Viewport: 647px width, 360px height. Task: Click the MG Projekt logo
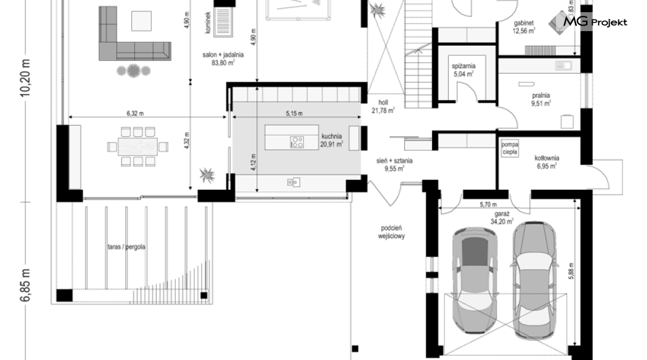[x=588, y=22]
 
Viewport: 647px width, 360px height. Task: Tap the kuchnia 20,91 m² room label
[x=331, y=140]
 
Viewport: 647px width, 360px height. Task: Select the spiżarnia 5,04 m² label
[x=463, y=70]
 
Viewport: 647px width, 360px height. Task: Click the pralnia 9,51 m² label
[x=541, y=99]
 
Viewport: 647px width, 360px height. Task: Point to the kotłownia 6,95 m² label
[x=547, y=162]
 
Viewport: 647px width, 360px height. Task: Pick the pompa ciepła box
[x=510, y=148]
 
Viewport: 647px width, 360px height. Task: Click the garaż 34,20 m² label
[x=502, y=218]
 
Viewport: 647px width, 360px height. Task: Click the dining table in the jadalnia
[x=138, y=146]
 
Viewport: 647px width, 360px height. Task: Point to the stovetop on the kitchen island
[x=297, y=142]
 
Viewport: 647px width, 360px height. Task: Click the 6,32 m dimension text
[x=135, y=113]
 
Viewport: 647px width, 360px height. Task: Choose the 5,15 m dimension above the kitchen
[x=294, y=113]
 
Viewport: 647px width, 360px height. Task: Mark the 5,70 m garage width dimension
[x=488, y=204]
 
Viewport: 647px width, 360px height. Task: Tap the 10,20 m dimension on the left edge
[x=26, y=77]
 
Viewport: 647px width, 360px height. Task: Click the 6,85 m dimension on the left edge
[x=26, y=285]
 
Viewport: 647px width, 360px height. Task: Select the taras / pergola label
[x=126, y=247]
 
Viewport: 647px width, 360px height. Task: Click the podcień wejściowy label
[x=392, y=232]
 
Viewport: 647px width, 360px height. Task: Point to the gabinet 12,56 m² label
[x=524, y=27]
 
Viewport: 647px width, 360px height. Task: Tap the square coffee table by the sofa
[x=141, y=21]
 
